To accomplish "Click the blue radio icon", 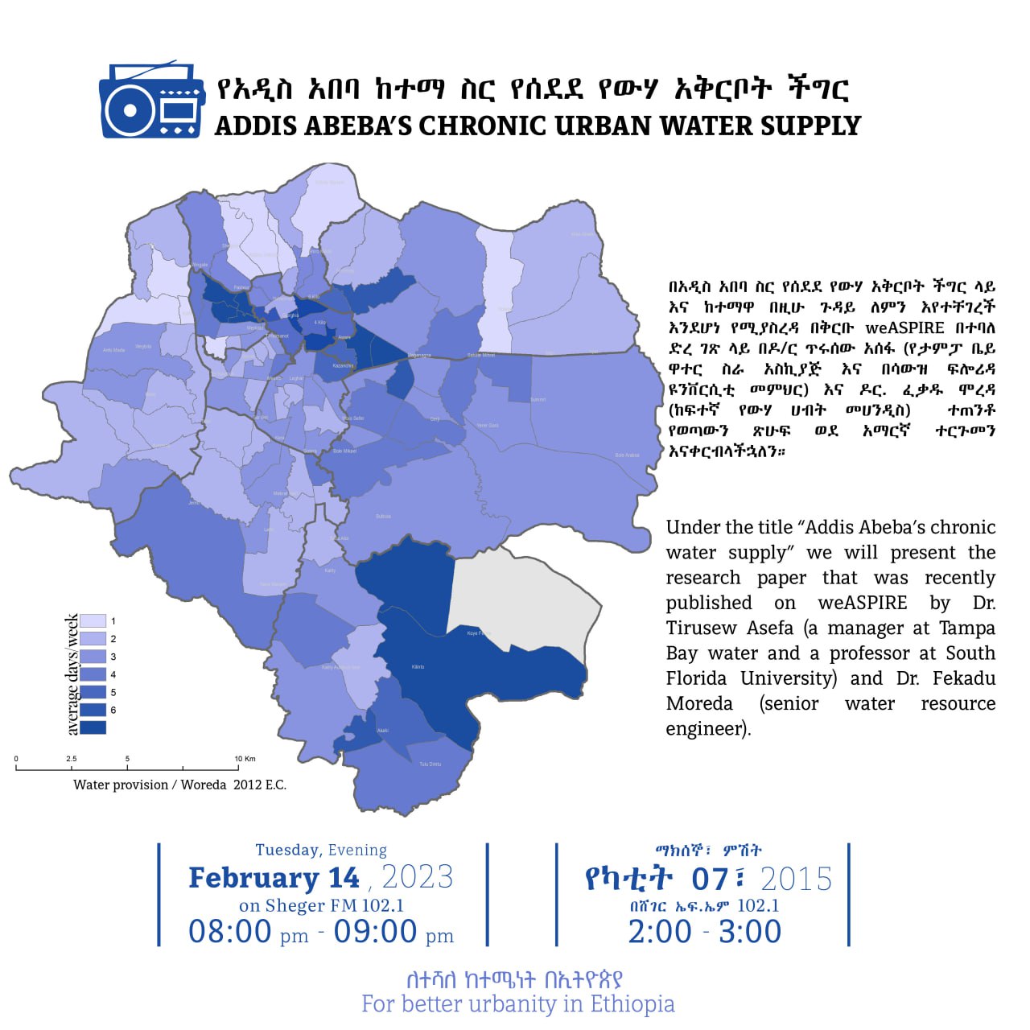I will pos(151,101).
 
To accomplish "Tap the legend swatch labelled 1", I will pos(93,621).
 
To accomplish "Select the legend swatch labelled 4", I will pos(93,674).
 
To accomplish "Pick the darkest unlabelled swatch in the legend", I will pos(93,727).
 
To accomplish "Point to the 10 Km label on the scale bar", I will pos(245,759).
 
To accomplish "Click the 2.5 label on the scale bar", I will pos(72,759).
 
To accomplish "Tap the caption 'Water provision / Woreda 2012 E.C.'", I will pos(179,785).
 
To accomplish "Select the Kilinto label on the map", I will pos(418,667).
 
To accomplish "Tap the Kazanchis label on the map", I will pos(343,365).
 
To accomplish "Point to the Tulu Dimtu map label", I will pos(430,764).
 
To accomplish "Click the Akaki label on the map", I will pos(383,731).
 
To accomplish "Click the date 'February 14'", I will pos(274,877).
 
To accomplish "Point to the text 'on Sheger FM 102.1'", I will pos(321,905).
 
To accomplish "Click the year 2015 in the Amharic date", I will pos(796,879).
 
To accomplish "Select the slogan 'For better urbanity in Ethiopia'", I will pos(517,1004).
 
